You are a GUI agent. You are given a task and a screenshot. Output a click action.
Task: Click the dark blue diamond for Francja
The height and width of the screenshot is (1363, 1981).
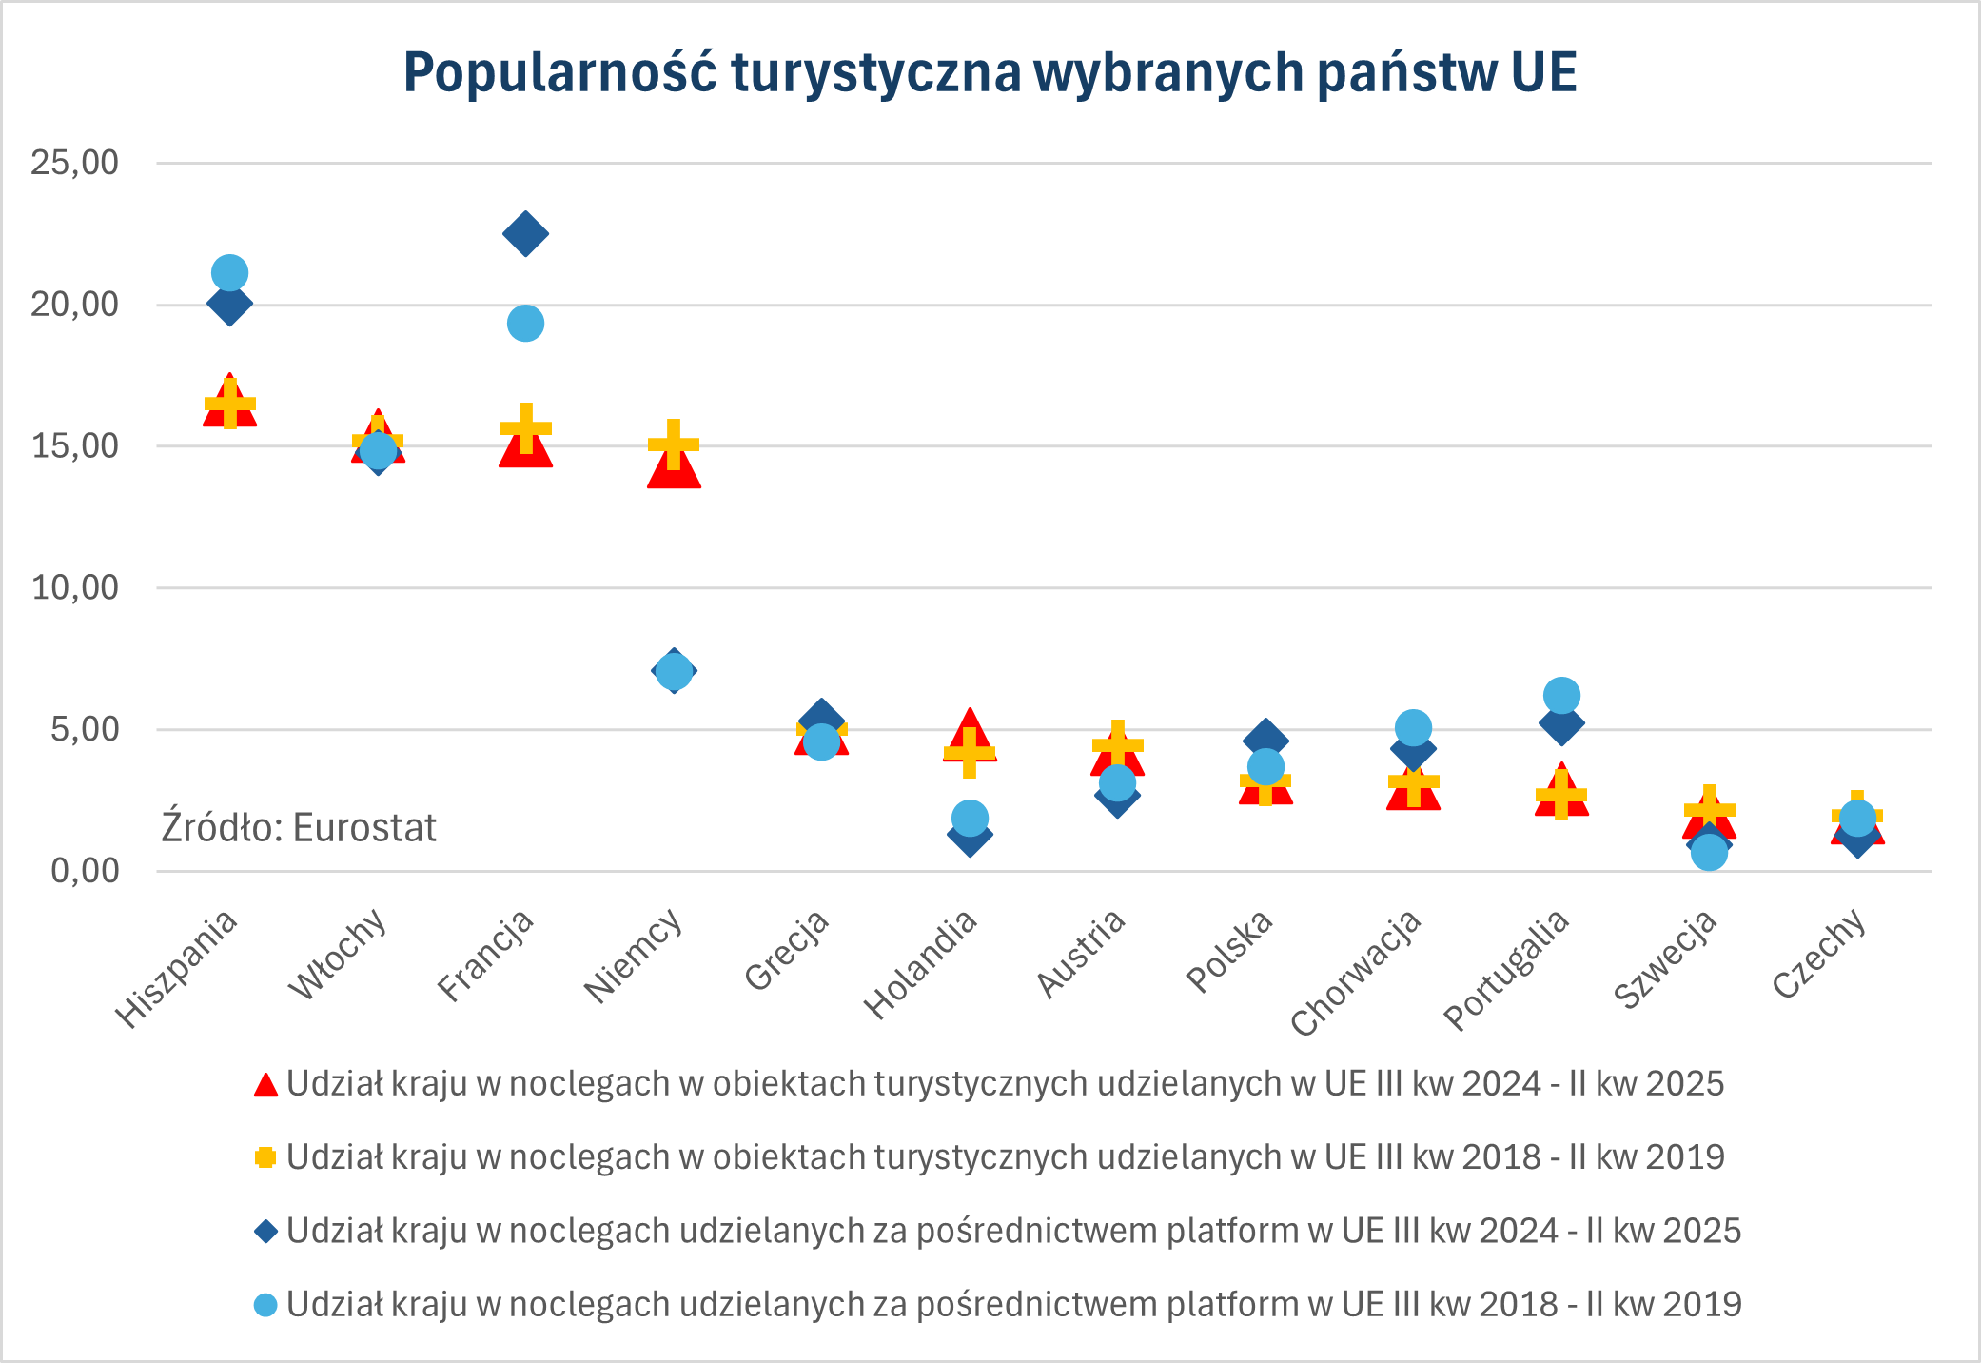coord(525,233)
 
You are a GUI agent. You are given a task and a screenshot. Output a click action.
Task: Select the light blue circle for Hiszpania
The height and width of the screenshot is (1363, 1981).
coord(229,273)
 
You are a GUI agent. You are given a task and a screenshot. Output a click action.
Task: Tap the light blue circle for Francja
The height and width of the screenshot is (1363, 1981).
coord(525,324)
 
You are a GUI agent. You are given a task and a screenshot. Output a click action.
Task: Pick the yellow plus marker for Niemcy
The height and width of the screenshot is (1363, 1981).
coord(674,444)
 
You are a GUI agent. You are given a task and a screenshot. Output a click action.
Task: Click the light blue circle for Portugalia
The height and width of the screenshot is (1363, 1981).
coord(1561,695)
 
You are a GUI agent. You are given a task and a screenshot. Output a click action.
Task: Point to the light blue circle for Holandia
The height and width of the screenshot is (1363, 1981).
coord(969,818)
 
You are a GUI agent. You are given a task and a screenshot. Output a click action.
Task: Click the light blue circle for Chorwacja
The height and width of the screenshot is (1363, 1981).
coord(1413,728)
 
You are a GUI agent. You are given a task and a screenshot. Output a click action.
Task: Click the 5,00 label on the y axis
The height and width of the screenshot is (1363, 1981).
coord(84,730)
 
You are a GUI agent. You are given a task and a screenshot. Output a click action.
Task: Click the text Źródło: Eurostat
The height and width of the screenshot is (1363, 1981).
coord(298,827)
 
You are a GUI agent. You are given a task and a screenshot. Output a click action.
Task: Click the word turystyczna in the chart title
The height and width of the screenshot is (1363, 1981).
coord(876,72)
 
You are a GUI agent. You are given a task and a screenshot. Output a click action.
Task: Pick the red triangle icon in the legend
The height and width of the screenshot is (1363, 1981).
coord(265,1084)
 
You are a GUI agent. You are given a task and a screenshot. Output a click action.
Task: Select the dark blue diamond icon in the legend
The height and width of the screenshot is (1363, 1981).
coord(265,1231)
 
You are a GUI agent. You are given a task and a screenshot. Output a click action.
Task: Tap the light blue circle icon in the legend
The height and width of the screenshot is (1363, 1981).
coord(265,1304)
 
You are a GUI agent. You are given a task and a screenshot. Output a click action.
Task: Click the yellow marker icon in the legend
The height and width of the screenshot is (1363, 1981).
coord(265,1157)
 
